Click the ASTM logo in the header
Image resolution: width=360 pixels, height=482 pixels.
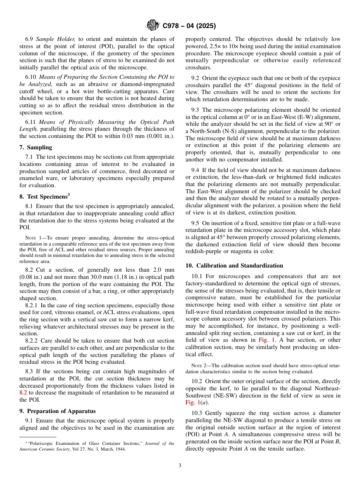[153, 26]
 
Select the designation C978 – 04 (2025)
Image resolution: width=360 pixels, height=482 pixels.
[189, 26]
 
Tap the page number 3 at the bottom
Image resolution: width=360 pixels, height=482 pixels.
[180, 465]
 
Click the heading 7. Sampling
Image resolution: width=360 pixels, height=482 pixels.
[36, 147]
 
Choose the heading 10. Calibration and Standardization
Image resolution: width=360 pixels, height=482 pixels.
[234, 266]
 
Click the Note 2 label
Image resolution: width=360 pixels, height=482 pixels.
[199, 366]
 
